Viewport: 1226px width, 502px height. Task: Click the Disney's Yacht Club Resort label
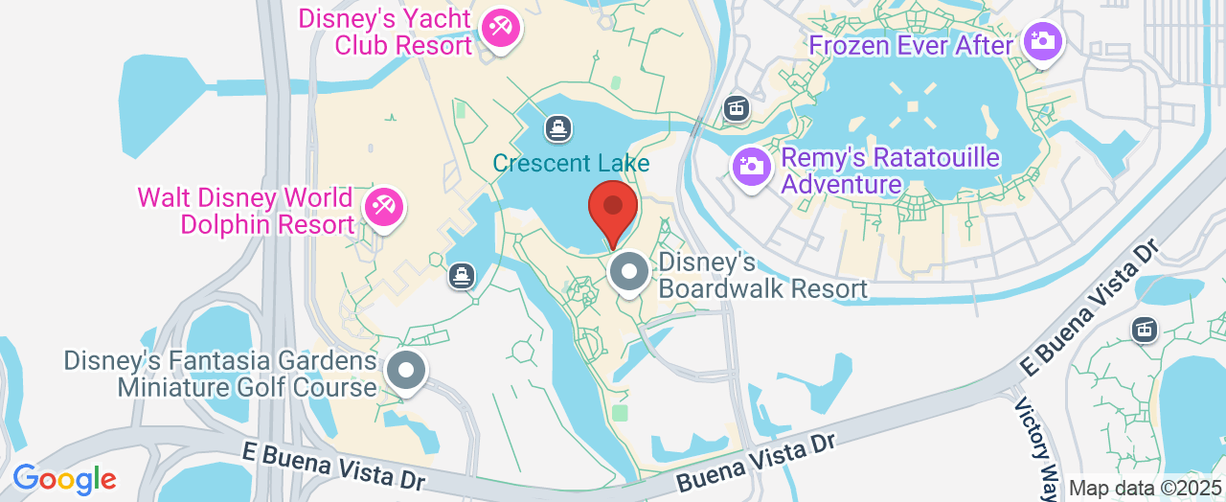coord(385,32)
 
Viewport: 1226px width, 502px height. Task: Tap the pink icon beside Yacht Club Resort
coord(499,28)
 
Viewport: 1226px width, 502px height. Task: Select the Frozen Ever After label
coord(911,45)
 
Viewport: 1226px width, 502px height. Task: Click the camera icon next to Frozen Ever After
coord(1040,41)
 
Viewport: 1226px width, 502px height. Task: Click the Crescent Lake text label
coord(571,164)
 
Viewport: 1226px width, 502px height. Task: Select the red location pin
coord(613,207)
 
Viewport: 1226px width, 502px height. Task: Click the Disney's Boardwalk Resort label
coord(762,275)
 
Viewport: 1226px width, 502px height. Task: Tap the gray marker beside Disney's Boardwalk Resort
coord(629,272)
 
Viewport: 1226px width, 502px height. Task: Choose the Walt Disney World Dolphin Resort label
coord(245,212)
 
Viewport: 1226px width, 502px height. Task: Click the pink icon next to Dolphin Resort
coord(383,207)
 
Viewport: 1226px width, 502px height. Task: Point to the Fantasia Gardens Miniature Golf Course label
coord(220,374)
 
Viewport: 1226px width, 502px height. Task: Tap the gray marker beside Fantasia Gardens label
coord(406,371)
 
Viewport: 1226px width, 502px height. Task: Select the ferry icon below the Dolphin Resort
coord(462,277)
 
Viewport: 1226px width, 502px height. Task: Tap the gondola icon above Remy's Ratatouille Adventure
coord(736,107)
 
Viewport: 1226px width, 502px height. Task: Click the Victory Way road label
coord(1037,437)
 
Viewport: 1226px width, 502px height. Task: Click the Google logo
coord(64,479)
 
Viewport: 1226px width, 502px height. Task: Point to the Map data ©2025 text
coord(1146,489)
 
